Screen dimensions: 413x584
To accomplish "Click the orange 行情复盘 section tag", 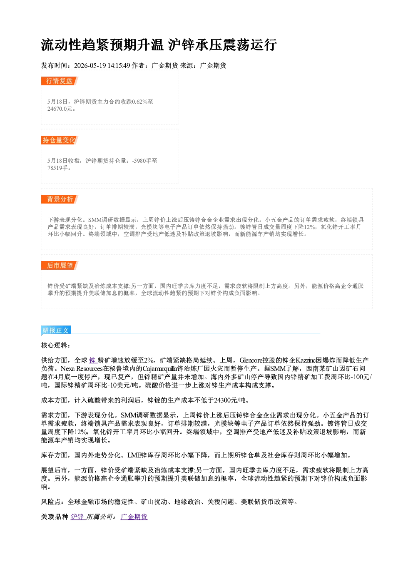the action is coord(60,81).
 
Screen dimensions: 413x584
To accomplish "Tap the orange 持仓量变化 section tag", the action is coord(60,140).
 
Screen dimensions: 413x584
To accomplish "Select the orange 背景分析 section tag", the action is coord(60,199).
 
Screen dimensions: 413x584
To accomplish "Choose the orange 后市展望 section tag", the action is coord(60,266).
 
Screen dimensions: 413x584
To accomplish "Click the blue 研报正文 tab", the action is coord(56,331).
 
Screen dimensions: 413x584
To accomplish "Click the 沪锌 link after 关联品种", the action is coord(77,517).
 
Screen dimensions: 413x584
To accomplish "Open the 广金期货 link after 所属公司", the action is coord(134,517).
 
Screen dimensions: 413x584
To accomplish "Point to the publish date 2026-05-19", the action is coord(90,65).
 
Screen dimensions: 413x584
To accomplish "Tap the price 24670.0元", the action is coord(60,109).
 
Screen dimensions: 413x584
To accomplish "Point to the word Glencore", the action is coord(251,360).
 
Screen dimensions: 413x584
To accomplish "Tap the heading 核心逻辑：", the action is coord(56,345).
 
